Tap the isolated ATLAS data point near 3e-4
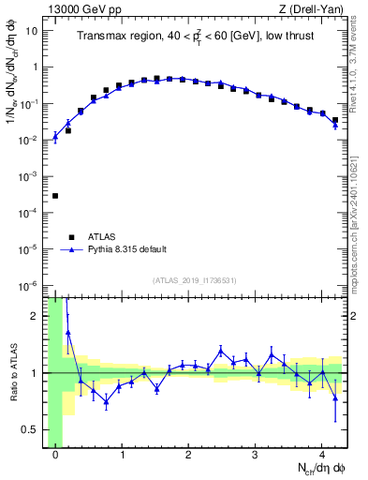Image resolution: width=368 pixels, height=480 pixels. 55,196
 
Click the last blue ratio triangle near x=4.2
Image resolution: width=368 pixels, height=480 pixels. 335,397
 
